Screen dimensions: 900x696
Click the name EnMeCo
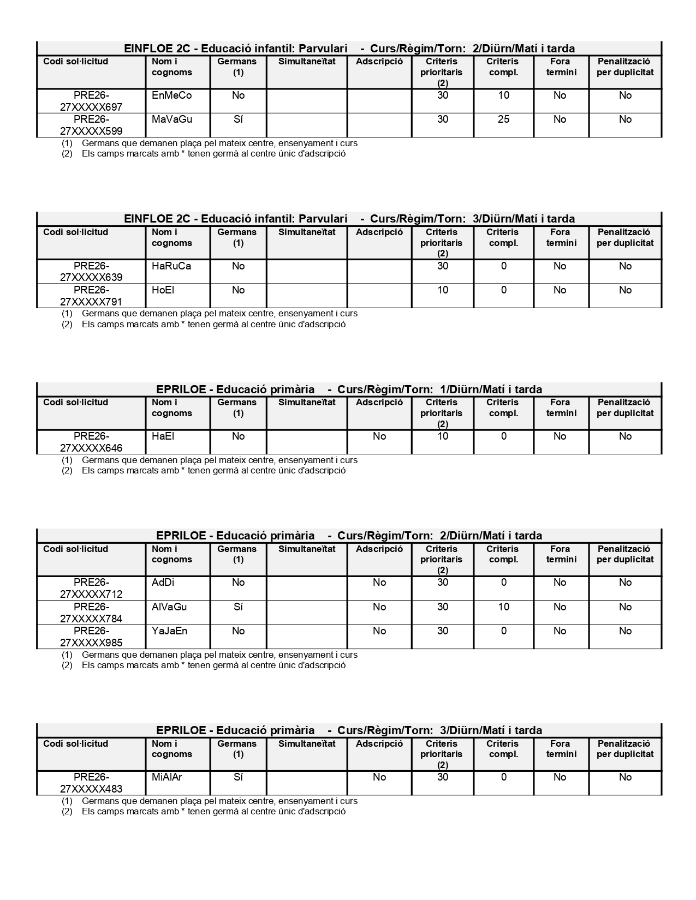(171, 95)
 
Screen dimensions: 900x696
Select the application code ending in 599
(91, 125)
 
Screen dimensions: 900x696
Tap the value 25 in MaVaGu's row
(503, 119)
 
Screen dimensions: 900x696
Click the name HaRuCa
(171, 266)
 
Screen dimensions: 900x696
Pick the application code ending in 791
(91, 296)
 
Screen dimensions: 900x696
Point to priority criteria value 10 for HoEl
(442, 290)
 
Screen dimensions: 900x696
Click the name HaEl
(163, 436)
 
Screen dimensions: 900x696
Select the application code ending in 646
(91, 442)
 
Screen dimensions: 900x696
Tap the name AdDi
(163, 583)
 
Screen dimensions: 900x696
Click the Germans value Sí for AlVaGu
(238, 607)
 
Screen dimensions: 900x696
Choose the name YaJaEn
(169, 631)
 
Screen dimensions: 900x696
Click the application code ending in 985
(91, 637)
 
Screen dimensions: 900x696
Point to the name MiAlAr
(166, 777)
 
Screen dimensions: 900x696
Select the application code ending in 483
(91, 783)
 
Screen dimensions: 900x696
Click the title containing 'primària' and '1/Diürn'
(349, 389)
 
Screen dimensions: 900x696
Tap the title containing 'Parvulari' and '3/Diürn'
(349, 219)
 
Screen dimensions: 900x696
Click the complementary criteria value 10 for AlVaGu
(503, 607)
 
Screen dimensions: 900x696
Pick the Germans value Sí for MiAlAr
(238, 777)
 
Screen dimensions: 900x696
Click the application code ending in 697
(91, 101)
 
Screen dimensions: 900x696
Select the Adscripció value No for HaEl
(379, 436)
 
